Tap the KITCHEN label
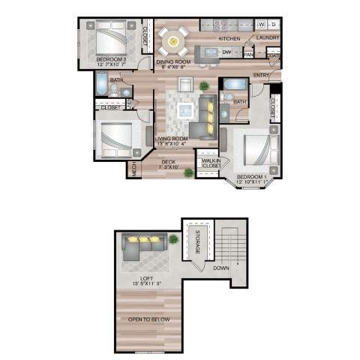point(229,37)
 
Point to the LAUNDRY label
point(268,37)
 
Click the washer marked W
point(261,24)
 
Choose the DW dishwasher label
point(226,52)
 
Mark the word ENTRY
point(262,76)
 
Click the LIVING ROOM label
point(172,139)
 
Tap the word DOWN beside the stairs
point(220,268)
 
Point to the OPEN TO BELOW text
point(148,320)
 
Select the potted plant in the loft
point(174,239)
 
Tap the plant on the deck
point(188,173)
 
